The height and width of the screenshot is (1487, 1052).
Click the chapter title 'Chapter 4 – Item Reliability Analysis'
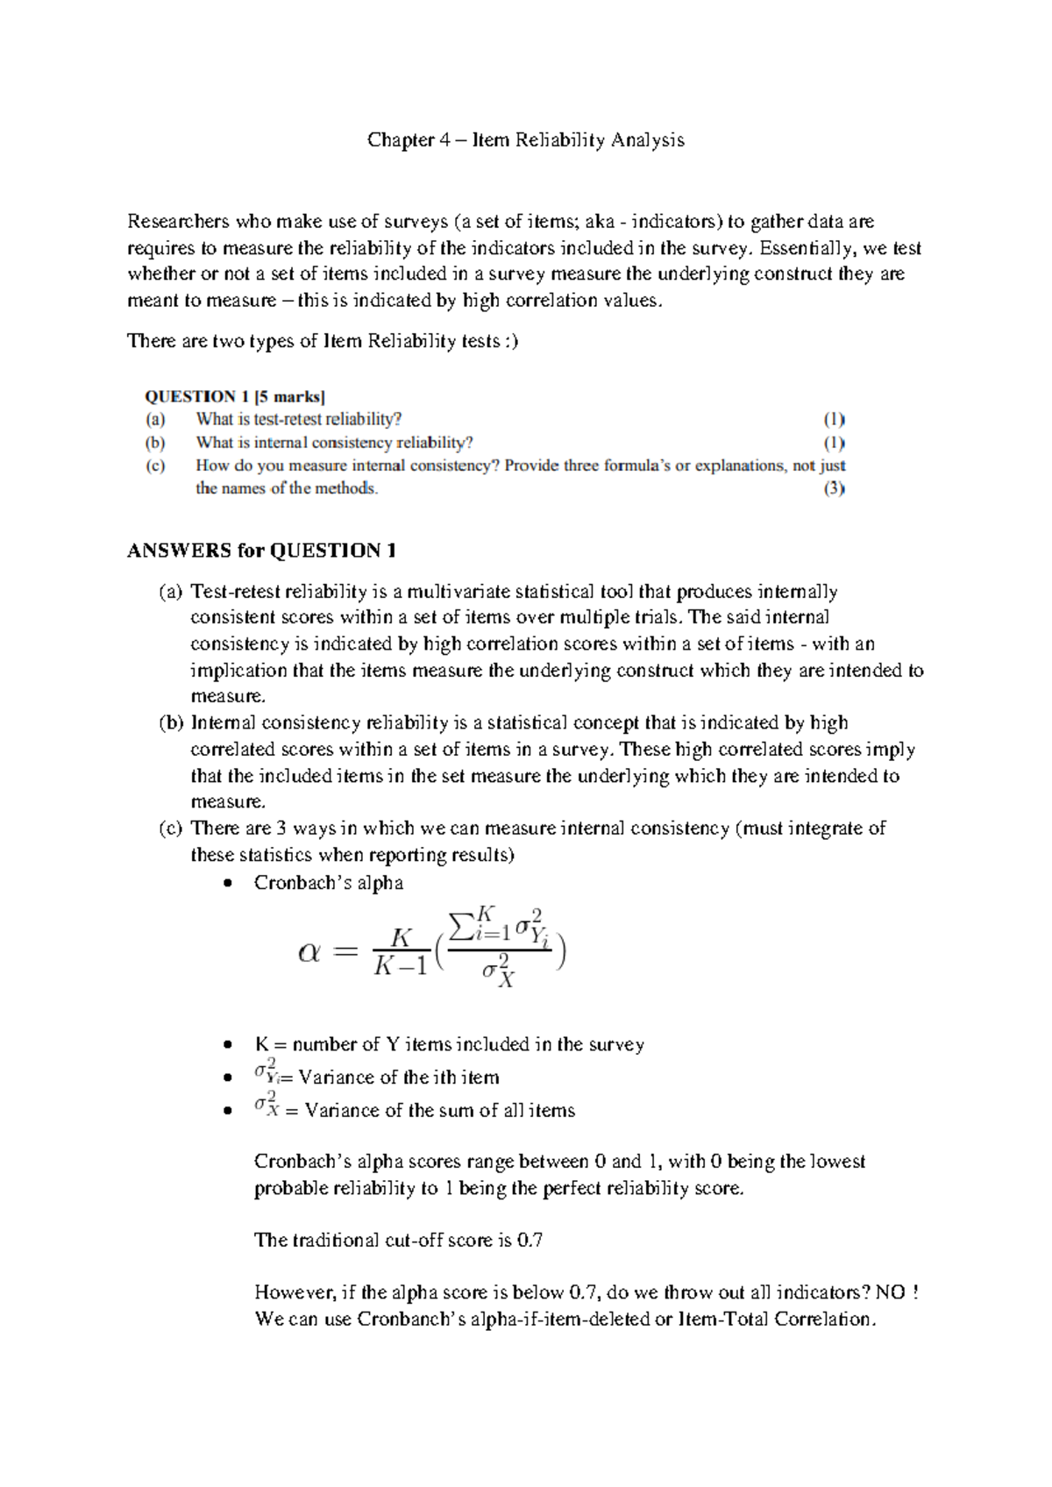[x=525, y=140]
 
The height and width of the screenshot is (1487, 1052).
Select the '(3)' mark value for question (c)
[x=833, y=489]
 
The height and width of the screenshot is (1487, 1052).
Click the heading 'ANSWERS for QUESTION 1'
[x=261, y=551]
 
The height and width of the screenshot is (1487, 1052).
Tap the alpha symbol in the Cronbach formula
[x=309, y=952]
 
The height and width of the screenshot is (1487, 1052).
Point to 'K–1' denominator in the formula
[x=401, y=966]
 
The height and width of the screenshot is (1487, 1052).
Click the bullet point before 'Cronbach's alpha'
[x=228, y=884]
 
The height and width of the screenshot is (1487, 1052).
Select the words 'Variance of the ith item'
[x=399, y=1078]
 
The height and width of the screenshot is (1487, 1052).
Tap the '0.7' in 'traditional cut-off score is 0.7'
[x=530, y=1241]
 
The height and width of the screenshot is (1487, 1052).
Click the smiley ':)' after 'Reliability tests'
[x=511, y=341]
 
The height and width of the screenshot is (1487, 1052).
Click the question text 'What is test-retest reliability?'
[x=298, y=419]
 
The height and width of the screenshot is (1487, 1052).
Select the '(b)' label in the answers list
[x=171, y=723]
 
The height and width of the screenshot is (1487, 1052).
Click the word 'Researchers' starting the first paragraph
[x=178, y=222]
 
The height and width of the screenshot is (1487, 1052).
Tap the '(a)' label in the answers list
[x=171, y=592]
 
